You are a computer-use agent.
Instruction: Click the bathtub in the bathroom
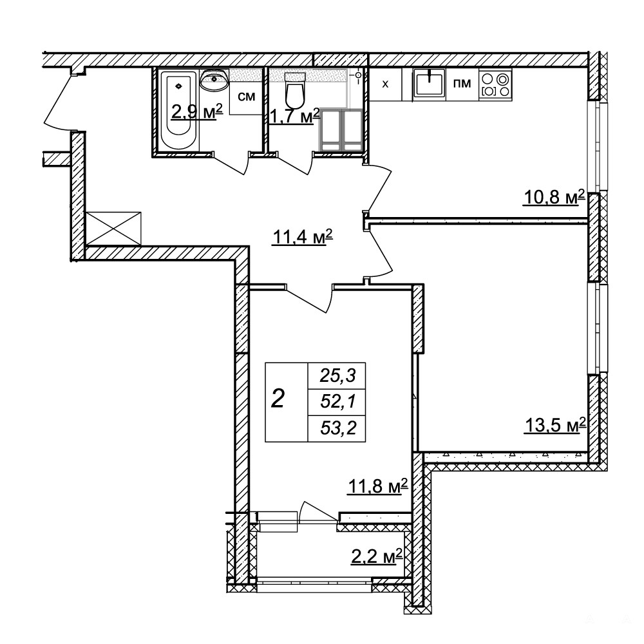coord(178,110)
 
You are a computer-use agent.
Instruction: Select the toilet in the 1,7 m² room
coord(295,90)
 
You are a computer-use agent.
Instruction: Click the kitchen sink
coord(429,83)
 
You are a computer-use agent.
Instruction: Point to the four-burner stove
coord(495,84)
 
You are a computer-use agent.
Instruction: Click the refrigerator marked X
coord(385,84)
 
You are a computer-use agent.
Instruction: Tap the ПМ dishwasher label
coord(462,83)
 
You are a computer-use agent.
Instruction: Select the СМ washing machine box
coord(246,98)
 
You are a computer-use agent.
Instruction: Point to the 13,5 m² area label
coord(555,425)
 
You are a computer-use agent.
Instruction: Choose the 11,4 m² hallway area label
coord(302,237)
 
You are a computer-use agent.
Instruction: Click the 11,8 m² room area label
coord(377,486)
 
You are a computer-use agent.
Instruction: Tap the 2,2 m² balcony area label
coord(376,557)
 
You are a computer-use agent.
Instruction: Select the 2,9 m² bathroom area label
coord(196,111)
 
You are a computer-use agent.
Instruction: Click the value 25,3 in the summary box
coord(337,376)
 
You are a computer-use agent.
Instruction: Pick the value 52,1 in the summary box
coord(337,402)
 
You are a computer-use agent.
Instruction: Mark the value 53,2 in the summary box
coord(337,428)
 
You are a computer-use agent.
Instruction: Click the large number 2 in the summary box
coord(278,399)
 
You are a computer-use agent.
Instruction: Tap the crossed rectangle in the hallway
coord(113,229)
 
